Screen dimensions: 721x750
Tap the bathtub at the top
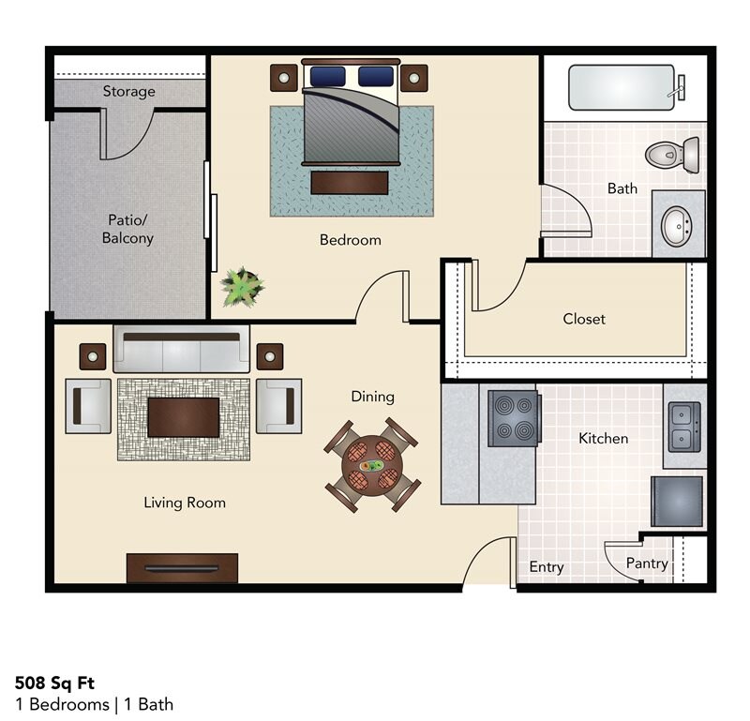(x=621, y=87)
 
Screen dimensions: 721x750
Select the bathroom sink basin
(x=676, y=226)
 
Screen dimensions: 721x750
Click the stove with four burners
(x=514, y=416)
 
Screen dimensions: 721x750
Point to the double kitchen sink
(x=683, y=426)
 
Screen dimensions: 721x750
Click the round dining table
(x=372, y=465)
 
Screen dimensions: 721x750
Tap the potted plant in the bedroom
(x=241, y=287)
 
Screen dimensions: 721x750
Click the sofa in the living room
(x=182, y=350)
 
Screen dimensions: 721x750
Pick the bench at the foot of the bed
(x=349, y=182)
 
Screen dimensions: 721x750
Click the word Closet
(x=584, y=319)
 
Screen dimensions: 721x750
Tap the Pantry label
(x=647, y=563)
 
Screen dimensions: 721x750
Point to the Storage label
(x=129, y=92)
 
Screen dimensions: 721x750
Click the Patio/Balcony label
(x=127, y=230)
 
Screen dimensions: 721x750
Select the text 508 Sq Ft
(x=54, y=683)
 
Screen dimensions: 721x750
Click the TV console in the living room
(x=182, y=567)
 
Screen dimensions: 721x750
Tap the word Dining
(x=372, y=397)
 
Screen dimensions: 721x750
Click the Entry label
(x=547, y=567)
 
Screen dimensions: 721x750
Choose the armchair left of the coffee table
(x=88, y=406)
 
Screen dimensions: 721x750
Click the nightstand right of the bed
(x=413, y=78)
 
